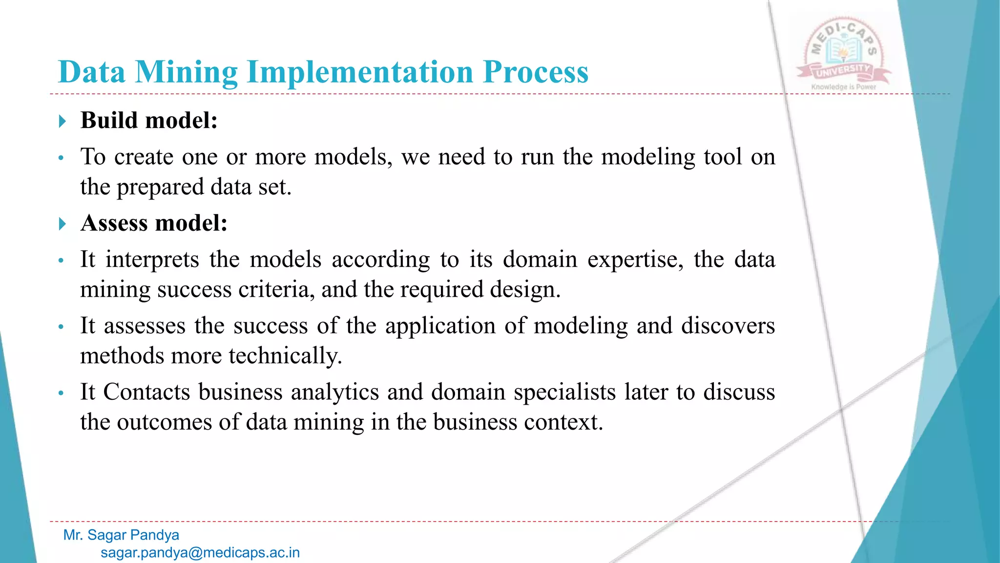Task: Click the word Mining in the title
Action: [x=186, y=72]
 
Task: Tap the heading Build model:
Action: [x=149, y=120]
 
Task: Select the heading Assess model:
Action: [x=154, y=223]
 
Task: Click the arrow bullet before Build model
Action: [x=62, y=121]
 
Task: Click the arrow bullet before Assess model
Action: [x=62, y=224]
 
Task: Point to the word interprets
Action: [x=152, y=260]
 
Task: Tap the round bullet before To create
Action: [x=61, y=158]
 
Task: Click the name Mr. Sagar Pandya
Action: [x=121, y=535]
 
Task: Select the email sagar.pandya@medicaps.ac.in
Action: [x=200, y=553]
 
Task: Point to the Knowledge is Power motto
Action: [x=843, y=87]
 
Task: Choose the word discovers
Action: [x=728, y=326]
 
